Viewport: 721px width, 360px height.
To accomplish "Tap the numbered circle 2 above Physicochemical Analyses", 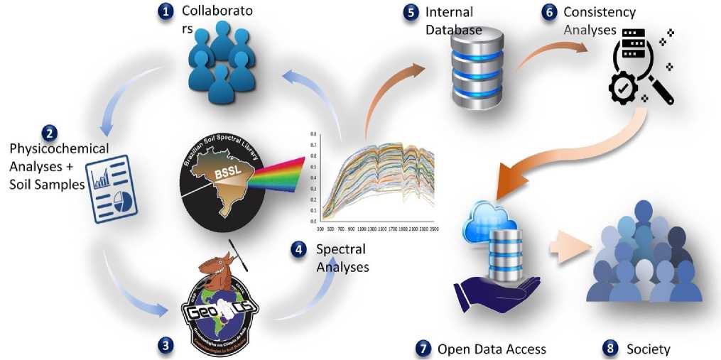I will coord(50,132).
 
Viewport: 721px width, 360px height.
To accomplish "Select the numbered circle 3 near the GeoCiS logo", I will coord(166,346).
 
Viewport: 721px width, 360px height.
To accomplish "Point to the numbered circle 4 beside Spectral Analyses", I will coord(299,249).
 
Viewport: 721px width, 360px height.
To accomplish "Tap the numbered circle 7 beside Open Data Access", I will coord(423,348).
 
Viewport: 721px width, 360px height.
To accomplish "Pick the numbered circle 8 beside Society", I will coord(609,348).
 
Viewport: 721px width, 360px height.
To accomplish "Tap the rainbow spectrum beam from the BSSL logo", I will coord(287,171).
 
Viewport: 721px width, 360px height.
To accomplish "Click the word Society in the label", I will coord(648,349).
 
